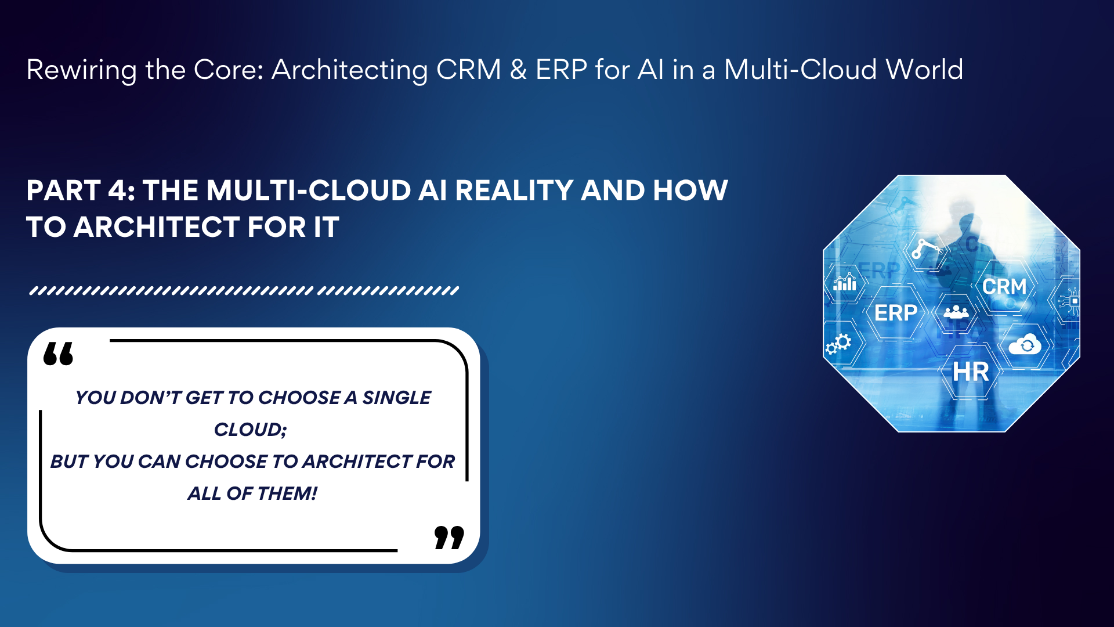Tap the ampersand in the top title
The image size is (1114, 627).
518,70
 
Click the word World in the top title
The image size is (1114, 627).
924,70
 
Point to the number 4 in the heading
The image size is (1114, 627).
119,190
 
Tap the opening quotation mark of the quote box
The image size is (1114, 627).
59,354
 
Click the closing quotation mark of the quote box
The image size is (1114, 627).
449,538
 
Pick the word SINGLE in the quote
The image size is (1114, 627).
397,398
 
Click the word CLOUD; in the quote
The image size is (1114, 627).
251,430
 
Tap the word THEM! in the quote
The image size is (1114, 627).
287,493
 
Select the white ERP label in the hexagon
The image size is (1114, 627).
896,313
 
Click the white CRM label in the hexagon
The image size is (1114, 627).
1004,286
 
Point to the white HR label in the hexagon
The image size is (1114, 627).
971,372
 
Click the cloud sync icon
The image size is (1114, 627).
1025,345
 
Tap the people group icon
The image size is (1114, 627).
956,312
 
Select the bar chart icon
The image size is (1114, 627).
845,282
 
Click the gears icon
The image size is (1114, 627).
838,344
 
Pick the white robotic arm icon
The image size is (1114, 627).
926,248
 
